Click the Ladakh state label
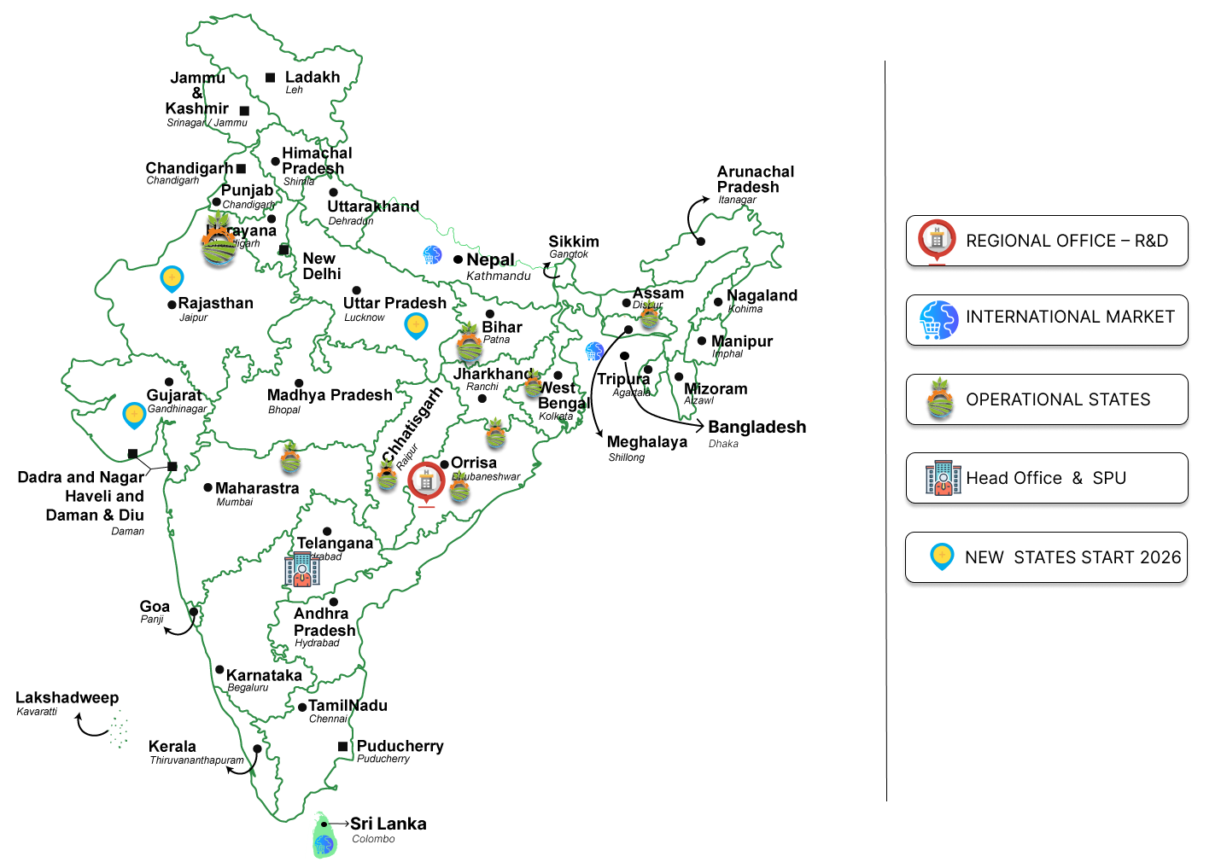pyautogui.click(x=313, y=77)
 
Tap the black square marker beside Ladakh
pyautogui.click(x=270, y=78)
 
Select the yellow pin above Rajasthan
pyautogui.click(x=172, y=277)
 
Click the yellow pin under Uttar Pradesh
pyautogui.click(x=416, y=324)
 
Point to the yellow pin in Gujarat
pyautogui.click(x=134, y=414)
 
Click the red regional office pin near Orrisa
pyautogui.click(x=426, y=481)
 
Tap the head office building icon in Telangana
pyautogui.click(x=302, y=569)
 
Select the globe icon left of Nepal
pyautogui.click(x=432, y=254)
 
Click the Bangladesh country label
pyautogui.click(x=757, y=427)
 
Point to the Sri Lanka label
pyautogui.click(x=388, y=824)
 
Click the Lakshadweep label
pyautogui.click(x=67, y=697)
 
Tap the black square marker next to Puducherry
pyautogui.click(x=342, y=746)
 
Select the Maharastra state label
pyautogui.click(x=257, y=488)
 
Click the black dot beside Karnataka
pyautogui.click(x=219, y=670)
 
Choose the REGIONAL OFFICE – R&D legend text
pyautogui.click(x=1066, y=241)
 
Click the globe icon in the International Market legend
pyautogui.click(x=938, y=320)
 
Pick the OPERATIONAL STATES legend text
pyautogui.click(x=1058, y=399)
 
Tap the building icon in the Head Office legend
pyautogui.click(x=943, y=478)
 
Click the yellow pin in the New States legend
pyautogui.click(x=942, y=556)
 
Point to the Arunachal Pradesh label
pyautogui.click(x=755, y=179)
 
